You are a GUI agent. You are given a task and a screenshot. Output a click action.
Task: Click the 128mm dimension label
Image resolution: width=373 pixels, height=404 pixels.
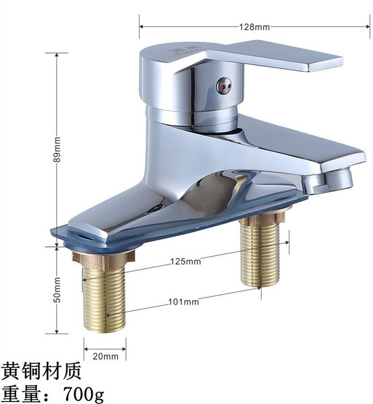pos(254,27)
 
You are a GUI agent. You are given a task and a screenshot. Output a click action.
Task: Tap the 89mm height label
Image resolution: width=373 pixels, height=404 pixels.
pos(57,149)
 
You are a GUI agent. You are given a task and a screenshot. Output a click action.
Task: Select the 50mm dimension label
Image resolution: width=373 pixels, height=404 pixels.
pos(57,290)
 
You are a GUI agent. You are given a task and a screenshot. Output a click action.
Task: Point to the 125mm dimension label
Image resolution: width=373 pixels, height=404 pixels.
pos(186,261)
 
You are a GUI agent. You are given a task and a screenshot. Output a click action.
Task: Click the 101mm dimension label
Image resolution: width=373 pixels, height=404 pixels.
pos(184,301)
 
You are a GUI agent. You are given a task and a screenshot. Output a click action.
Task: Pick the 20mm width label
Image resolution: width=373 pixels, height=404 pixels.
pos(106,356)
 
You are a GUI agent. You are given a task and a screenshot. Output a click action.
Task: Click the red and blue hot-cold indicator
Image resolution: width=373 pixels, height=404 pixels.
pos(224,85)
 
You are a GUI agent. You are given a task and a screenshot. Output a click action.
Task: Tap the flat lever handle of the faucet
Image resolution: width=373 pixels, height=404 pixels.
pos(273,55)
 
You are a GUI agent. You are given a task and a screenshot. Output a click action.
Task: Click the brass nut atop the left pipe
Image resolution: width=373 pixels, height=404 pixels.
pos(103,259)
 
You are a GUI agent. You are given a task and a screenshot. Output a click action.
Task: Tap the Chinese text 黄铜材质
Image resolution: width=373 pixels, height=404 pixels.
pos(42,371)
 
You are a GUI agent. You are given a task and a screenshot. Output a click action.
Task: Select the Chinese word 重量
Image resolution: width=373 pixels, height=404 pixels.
pos(21,394)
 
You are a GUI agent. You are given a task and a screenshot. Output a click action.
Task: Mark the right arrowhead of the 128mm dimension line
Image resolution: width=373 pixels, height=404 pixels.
pos(367,26)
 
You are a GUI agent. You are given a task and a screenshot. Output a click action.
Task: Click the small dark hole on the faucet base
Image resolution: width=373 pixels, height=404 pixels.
pos(155,208)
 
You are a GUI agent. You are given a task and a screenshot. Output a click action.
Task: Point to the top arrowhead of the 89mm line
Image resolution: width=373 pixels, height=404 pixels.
pos(57,55)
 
